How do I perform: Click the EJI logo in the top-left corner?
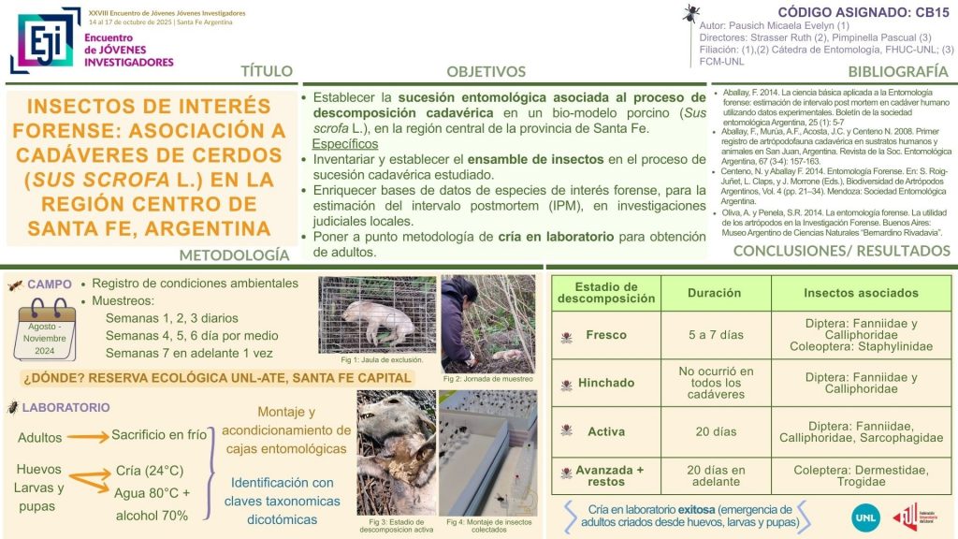click(45, 39)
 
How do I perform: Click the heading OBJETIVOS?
click(486, 71)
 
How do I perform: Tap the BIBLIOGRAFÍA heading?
click(898, 71)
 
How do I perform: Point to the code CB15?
click(922, 11)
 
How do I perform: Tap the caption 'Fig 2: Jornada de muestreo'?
click(487, 378)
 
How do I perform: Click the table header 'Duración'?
click(714, 293)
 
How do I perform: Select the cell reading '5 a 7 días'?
click(714, 334)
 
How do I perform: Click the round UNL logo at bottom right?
click(866, 516)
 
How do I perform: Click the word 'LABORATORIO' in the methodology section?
click(65, 407)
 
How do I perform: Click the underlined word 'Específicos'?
click(344, 144)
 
